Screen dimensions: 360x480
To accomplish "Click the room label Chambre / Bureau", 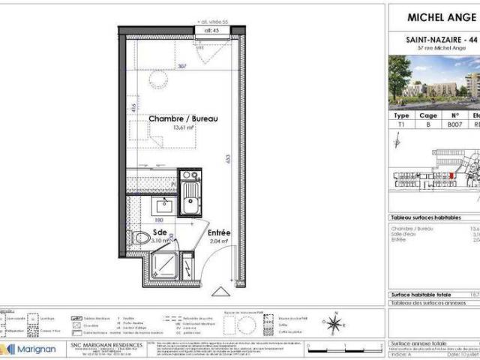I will coord(183,119).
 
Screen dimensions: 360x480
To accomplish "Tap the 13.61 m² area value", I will coord(183,128).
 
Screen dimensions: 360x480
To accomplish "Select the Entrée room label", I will coord(219,233).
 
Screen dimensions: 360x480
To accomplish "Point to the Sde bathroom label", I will coord(160,232).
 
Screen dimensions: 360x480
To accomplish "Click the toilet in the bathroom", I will coord(141,239).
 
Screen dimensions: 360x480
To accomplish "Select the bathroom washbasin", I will coord(163,205).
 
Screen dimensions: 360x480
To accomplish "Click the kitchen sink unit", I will coord(190,201).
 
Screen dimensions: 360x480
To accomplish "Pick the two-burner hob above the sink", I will coord(188,177).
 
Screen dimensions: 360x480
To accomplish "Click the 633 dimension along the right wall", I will coord(226,159).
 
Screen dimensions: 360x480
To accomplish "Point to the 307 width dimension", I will coord(182,66).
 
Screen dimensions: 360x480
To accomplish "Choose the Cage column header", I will coord(428,116).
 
